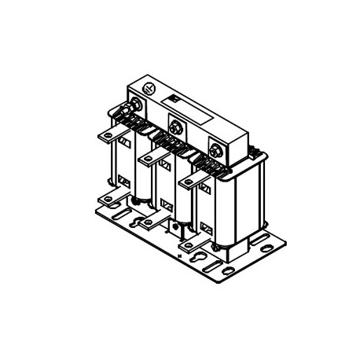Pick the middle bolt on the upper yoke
(x=176, y=124)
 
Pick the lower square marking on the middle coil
(x=166, y=207)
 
